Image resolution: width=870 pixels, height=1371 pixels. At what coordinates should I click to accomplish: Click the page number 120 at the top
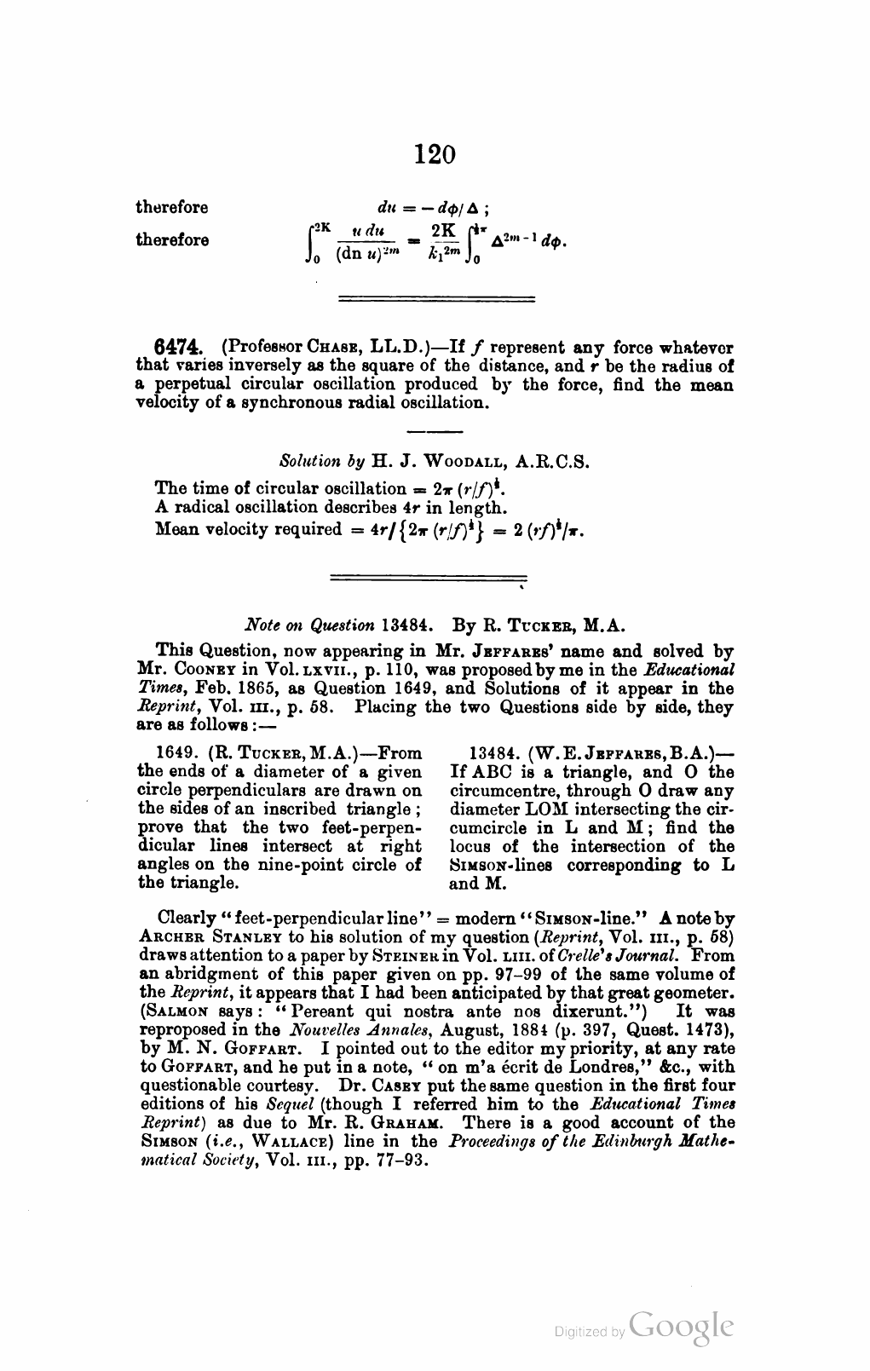(x=435, y=154)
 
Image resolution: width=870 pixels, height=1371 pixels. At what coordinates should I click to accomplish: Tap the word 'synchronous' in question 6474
(x=281, y=403)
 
